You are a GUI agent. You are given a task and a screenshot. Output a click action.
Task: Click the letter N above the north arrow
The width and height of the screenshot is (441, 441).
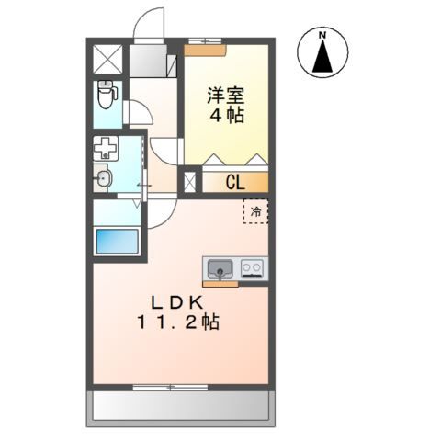pyautogui.click(x=322, y=37)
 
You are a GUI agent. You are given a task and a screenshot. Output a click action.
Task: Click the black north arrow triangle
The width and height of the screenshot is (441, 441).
pyautogui.click(x=322, y=59)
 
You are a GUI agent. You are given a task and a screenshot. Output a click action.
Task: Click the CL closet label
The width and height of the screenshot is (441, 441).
pyautogui.click(x=234, y=182)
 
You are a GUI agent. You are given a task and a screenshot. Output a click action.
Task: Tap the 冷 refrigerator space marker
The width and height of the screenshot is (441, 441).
pyautogui.click(x=256, y=211)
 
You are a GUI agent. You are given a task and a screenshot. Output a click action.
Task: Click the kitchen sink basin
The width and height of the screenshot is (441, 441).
pyautogui.click(x=219, y=269)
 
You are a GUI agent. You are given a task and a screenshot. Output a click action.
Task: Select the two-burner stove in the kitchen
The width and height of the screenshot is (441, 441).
pyautogui.click(x=252, y=269)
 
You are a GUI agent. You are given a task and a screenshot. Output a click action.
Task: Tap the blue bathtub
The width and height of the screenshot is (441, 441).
pyautogui.click(x=117, y=243)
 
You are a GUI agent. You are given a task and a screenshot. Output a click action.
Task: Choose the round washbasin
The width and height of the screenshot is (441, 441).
pyautogui.click(x=103, y=179)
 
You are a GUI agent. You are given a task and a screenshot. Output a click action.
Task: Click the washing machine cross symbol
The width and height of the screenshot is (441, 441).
pyautogui.click(x=106, y=149)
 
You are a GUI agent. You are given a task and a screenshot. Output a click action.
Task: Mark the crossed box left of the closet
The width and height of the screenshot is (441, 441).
pyautogui.click(x=191, y=182)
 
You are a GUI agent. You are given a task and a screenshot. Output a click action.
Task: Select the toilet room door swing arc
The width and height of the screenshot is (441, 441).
pyautogui.click(x=139, y=114)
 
